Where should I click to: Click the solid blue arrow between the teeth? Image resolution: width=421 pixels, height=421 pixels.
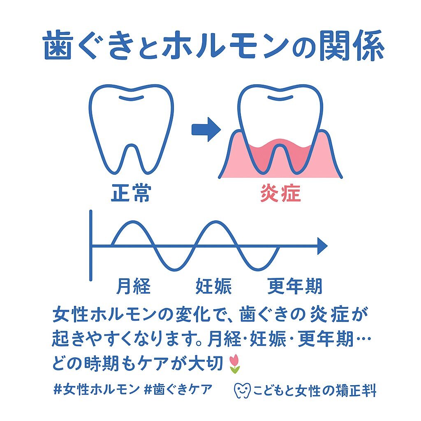pos(206,129)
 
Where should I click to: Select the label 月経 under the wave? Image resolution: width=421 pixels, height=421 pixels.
pos(133,286)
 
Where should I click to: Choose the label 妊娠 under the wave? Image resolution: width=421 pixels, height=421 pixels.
pos(213,286)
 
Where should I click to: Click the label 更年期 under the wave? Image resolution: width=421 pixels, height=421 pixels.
pos(295,286)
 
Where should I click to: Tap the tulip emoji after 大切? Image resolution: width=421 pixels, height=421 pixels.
pos(234,364)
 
